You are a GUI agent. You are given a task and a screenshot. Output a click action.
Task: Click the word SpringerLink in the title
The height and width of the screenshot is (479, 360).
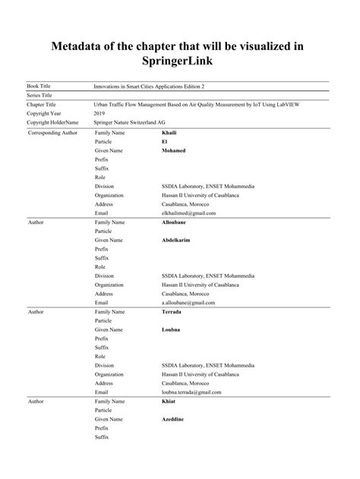click(180, 58)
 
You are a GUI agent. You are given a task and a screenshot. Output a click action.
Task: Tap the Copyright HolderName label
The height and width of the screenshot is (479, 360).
click(52, 121)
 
